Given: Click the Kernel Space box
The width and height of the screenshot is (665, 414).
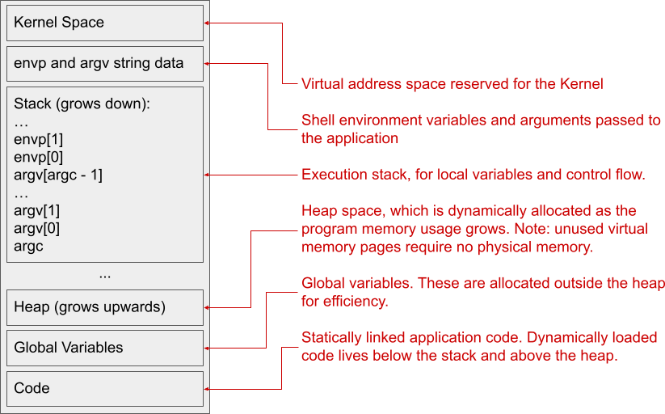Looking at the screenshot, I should click(x=104, y=23).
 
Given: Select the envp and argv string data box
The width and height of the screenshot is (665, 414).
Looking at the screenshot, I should click(x=104, y=63).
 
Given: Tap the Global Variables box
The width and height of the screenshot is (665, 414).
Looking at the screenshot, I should click(x=104, y=348).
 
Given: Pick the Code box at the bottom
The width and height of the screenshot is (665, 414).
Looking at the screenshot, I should click(x=104, y=388).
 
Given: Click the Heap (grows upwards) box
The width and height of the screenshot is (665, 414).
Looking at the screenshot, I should click(x=104, y=307).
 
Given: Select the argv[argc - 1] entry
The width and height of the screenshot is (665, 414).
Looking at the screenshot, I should click(x=58, y=175).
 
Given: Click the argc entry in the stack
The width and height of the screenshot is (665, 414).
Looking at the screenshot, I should click(x=29, y=246).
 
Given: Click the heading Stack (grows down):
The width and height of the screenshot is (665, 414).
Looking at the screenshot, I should click(x=82, y=104).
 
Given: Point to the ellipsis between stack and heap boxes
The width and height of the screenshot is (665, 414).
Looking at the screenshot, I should click(x=104, y=275).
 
